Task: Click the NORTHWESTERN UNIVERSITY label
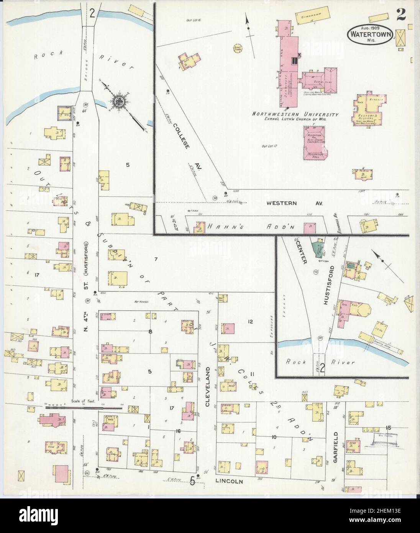(x=295, y=114)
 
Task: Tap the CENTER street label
(x=302, y=254)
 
